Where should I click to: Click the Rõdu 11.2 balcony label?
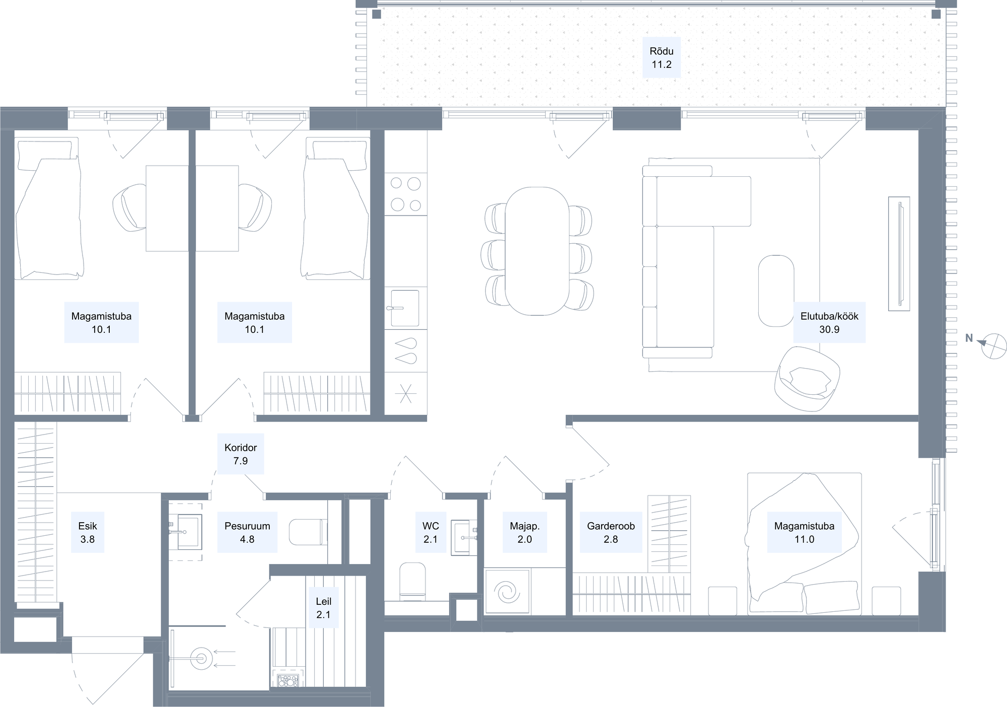click(661, 57)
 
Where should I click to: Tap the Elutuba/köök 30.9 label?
click(829, 323)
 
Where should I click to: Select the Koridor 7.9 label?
click(241, 454)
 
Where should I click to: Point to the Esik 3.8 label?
click(88, 532)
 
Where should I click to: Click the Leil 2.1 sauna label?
click(323, 608)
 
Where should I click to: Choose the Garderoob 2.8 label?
click(611, 532)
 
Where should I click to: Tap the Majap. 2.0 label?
click(525, 532)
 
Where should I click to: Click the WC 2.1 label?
click(430, 532)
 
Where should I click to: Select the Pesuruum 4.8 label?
click(247, 532)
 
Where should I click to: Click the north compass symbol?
click(994, 346)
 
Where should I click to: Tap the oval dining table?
click(537, 251)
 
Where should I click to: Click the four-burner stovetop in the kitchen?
click(406, 194)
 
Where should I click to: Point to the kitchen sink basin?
click(405, 308)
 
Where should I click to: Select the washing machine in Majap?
click(507, 592)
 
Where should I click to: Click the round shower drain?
click(201, 658)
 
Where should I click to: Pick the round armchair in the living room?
click(808, 379)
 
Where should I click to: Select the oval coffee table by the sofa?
click(776, 291)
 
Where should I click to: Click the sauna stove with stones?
click(289, 680)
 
